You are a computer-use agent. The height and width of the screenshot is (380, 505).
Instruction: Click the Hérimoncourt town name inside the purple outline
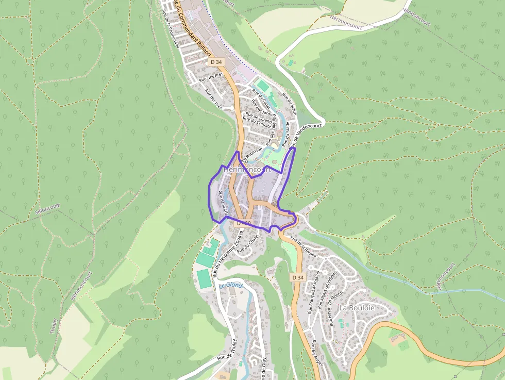tap(247, 170)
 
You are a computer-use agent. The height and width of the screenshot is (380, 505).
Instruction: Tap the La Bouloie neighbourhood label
tap(357, 307)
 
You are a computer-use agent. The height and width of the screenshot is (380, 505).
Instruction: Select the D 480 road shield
tap(242, 223)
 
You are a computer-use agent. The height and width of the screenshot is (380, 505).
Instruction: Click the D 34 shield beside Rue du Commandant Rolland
tap(216, 61)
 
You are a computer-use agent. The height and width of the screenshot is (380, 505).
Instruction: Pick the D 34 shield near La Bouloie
tap(298, 277)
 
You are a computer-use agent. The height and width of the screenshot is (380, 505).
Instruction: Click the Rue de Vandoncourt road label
tap(306, 134)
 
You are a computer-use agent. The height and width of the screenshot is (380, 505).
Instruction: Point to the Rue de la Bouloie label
tap(304, 246)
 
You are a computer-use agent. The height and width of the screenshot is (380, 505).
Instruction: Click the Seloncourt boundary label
tap(47, 208)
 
